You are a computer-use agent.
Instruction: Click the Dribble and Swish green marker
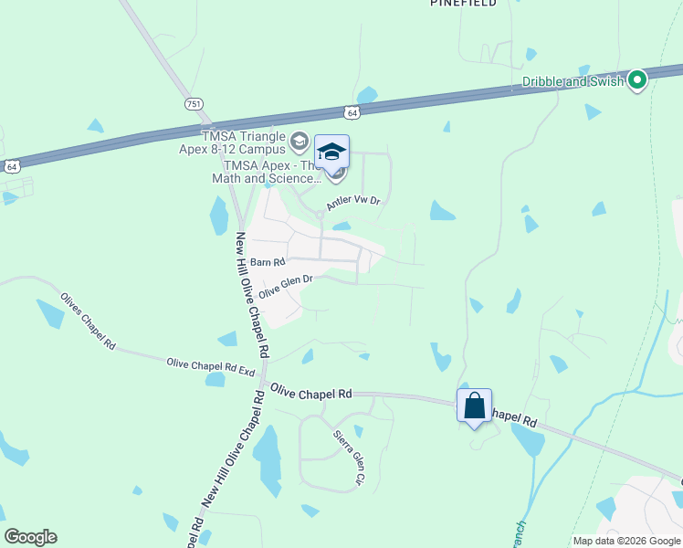point(637,81)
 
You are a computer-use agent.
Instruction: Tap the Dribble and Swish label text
point(573,81)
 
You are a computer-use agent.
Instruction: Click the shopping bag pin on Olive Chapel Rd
point(475,406)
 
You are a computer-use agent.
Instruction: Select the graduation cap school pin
point(331,152)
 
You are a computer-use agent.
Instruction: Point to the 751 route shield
point(193,104)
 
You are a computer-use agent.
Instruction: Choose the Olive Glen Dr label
point(286,287)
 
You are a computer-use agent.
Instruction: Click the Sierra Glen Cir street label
point(348,457)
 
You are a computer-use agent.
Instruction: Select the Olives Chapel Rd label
point(88,322)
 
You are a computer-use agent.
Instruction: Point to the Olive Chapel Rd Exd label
point(210,366)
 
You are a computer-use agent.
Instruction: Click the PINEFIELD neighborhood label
point(463,4)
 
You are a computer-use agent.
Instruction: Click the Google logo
point(30,537)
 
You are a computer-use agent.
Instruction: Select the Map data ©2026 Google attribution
point(626,541)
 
